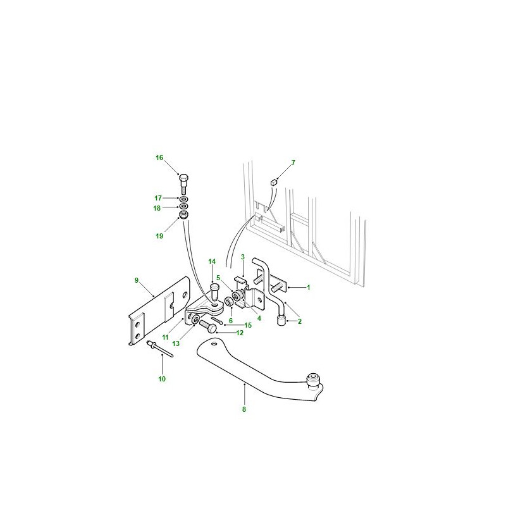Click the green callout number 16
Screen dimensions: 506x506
pyautogui.click(x=159, y=157)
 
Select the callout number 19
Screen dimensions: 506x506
pyautogui.click(x=159, y=236)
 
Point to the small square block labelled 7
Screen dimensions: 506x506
pyautogui.click(x=274, y=183)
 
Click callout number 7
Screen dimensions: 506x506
pyautogui.click(x=293, y=163)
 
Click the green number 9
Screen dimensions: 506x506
pyautogui.click(x=137, y=280)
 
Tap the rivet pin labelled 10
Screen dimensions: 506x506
pyautogui.click(x=160, y=349)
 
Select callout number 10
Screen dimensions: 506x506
pyautogui.click(x=162, y=379)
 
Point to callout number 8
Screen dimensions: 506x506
pyautogui.click(x=244, y=409)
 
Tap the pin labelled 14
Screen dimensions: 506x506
pyautogui.click(x=214, y=292)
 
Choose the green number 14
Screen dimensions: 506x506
pyautogui.click(x=212, y=261)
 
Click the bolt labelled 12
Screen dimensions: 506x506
pyautogui.click(x=208, y=326)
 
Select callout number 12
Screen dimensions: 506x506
pyautogui.click(x=240, y=333)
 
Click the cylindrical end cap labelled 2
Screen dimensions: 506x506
pyautogui.click(x=281, y=321)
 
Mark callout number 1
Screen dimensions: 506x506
pyautogui.click(x=309, y=287)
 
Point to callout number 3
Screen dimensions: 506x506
pyautogui.click(x=243, y=257)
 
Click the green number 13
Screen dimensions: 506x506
pyautogui.click(x=176, y=343)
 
